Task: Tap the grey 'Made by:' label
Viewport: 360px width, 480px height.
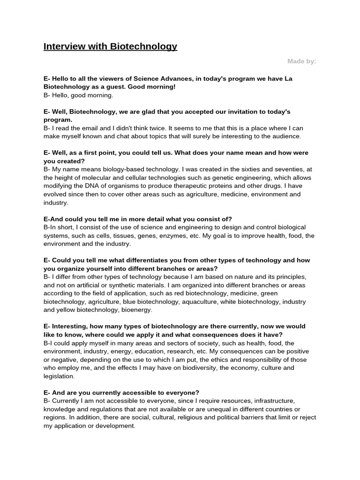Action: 301,61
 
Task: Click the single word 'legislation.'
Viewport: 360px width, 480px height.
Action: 59,376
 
